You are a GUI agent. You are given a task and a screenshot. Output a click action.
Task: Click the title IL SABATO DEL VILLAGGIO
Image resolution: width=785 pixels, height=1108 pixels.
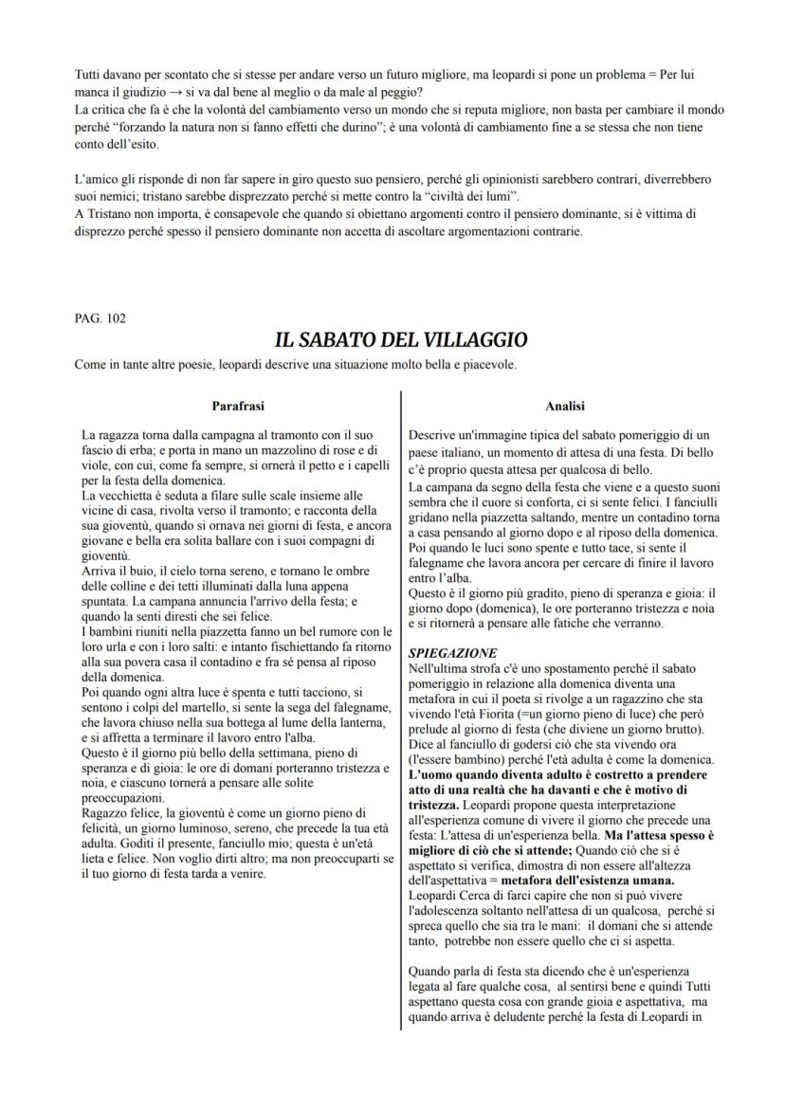click(x=400, y=339)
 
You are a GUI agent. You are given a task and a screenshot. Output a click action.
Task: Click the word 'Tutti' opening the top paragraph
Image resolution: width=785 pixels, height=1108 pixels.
click(x=89, y=73)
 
